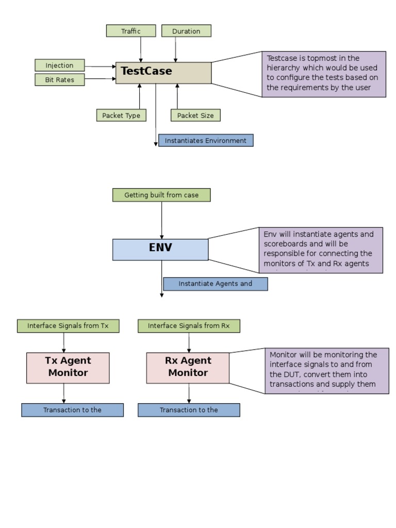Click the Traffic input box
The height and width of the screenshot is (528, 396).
click(131, 31)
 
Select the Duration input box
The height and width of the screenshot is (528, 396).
click(186, 31)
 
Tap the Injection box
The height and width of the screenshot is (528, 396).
click(60, 65)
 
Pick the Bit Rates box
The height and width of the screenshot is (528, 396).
click(60, 80)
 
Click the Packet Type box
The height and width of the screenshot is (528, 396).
click(121, 115)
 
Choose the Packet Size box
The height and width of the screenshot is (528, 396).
click(195, 115)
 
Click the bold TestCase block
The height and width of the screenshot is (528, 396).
click(163, 73)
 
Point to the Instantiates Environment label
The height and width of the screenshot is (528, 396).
click(206, 141)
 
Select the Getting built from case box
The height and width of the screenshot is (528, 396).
click(161, 195)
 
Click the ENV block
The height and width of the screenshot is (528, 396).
click(160, 250)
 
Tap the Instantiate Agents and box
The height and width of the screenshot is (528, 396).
click(216, 284)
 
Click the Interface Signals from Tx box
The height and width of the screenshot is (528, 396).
click(68, 326)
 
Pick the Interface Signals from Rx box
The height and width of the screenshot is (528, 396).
click(189, 326)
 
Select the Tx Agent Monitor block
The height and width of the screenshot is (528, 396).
click(68, 368)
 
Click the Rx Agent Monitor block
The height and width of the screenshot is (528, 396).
click(188, 368)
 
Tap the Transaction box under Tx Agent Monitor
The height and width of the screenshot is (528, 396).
click(72, 410)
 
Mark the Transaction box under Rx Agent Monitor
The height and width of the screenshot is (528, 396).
click(189, 410)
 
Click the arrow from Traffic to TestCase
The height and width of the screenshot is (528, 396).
click(141, 49)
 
